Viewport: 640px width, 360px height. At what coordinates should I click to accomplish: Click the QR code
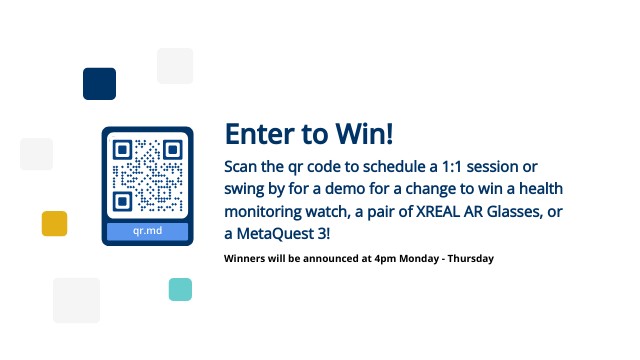point(147,175)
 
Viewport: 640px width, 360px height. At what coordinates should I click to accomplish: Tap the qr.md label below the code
point(147,232)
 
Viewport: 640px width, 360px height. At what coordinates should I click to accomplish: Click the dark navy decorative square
point(99,84)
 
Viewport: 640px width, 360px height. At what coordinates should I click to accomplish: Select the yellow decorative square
point(54,223)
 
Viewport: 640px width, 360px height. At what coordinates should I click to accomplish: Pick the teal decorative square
point(180,289)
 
